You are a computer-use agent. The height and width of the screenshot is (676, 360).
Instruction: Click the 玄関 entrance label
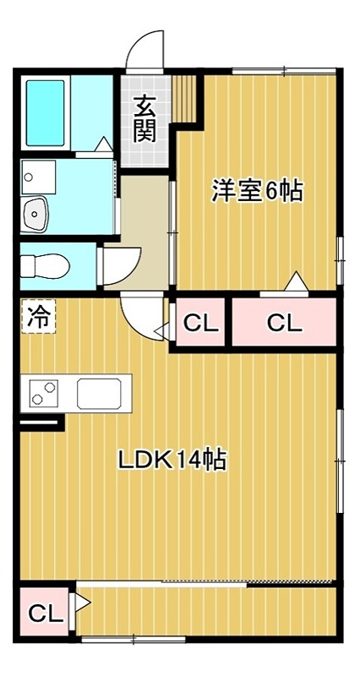(145, 118)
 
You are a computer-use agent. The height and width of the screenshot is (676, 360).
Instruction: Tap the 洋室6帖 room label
(257, 192)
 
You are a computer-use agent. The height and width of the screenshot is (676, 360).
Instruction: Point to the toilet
(41, 264)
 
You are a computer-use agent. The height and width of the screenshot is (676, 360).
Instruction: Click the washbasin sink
(35, 215)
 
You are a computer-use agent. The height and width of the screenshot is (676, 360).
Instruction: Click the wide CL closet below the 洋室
(283, 322)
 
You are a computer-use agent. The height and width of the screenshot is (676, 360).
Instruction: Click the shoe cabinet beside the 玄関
(187, 97)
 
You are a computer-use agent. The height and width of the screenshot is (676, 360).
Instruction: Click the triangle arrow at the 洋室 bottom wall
(295, 281)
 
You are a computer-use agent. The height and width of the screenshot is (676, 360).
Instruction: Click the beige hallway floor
(144, 228)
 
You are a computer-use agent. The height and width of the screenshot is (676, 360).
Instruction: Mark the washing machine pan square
(38, 177)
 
